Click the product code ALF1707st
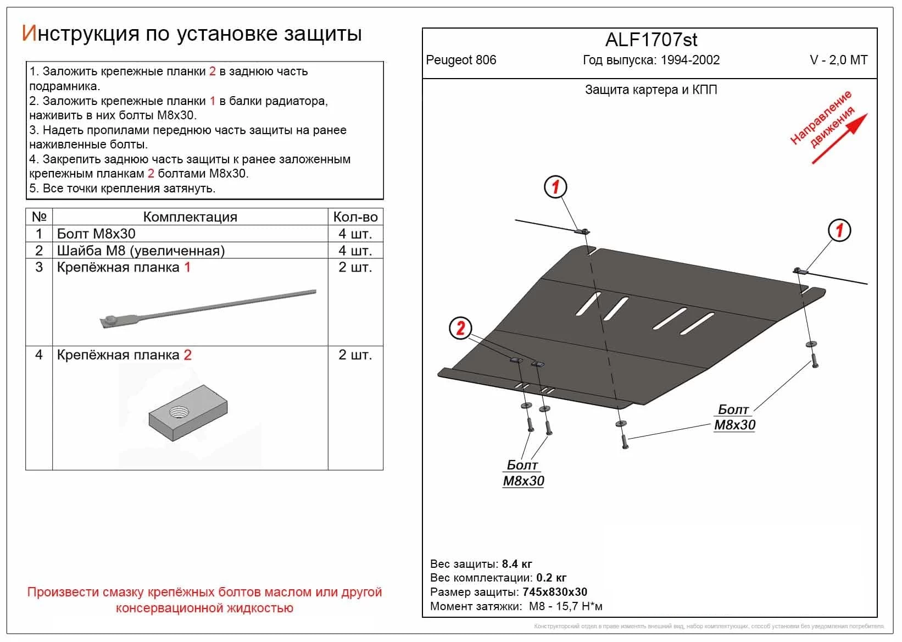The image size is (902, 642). (651, 40)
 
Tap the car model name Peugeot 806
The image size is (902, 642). (461, 60)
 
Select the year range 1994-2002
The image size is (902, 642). (690, 60)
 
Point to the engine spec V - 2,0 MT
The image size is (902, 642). (838, 60)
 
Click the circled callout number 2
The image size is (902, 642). (460, 328)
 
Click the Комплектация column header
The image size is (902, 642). (190, 217)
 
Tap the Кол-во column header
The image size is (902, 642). (355, 217)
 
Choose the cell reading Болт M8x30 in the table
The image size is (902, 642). (96, 234)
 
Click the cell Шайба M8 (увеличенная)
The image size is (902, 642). (141, 251)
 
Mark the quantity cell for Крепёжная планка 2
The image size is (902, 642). (355, 355)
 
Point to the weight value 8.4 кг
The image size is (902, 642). (516, 564)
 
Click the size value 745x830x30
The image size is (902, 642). (555, 592)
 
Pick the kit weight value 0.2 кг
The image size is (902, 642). (551, 578)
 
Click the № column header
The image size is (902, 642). (39, 217)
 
